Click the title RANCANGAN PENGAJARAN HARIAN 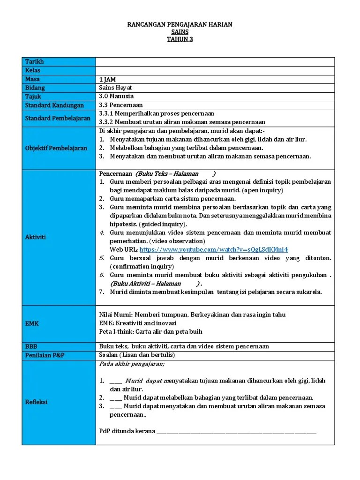click(180, 24)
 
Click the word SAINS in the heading click(180, 32)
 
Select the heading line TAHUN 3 click(180, 39)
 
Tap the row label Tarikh click(35, 62)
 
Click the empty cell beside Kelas click(215, 70)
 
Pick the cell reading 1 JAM click(108, 79)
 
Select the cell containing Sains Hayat click(116, 88)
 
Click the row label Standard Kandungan click(54, 105)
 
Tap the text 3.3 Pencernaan click(121, 105)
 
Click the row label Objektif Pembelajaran click(56, 148)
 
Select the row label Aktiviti click(36, 237)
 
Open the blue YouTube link click(214, 249)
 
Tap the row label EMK click(32, 323)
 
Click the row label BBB click(31, 346)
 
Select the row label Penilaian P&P click(45, 355)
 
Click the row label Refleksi click(36, 402)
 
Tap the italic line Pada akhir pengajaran click(132, 364)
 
